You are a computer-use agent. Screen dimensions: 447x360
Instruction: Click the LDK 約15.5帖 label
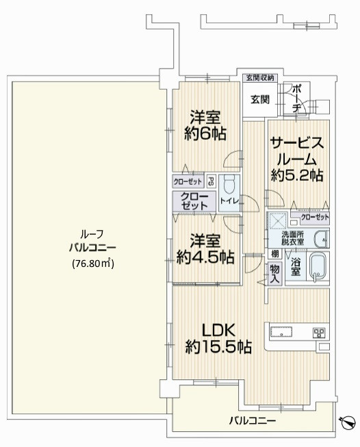218,337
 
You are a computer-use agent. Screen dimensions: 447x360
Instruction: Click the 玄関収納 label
259,77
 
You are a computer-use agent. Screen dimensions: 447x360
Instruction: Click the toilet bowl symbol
230,183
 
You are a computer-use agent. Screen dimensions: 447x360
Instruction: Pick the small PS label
211,182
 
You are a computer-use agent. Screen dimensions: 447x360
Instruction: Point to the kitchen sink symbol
283,333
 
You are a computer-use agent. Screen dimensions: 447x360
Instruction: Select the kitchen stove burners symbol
318,333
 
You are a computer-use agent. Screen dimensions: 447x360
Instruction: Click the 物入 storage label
274,272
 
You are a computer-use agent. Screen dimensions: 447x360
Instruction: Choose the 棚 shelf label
272,253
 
